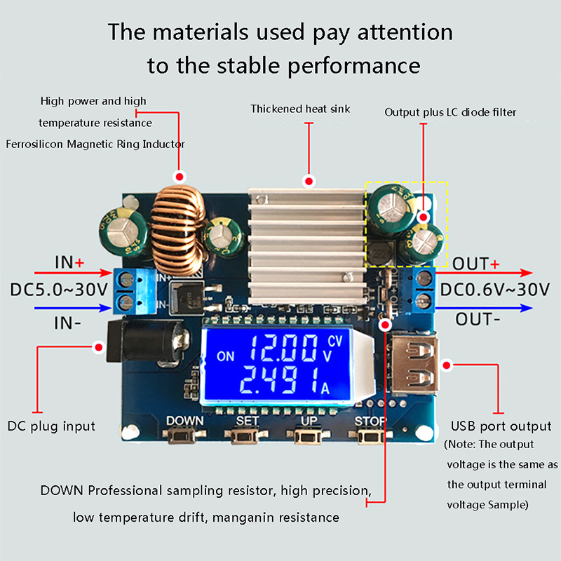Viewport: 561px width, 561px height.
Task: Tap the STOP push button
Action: point(370,437)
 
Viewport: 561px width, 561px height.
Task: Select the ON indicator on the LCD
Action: point(226,356)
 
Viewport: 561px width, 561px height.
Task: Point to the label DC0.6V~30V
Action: point(501,289)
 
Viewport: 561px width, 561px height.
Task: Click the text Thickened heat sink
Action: point(300,109)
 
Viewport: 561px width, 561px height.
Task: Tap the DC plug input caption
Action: point(51,426)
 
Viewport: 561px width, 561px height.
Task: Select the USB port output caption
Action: point(501,426)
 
